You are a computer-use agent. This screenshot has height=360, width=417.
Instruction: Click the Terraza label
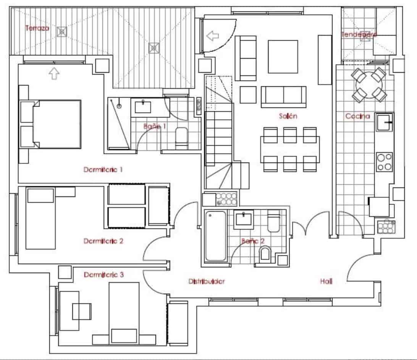(37, 28)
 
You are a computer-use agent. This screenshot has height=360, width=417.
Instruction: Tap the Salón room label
(288, 116)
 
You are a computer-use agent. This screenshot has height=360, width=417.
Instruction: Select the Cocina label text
(357, 116)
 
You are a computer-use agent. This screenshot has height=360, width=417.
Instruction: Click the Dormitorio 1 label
(103, 169)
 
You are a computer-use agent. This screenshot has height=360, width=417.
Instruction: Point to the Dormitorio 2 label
(103, 241)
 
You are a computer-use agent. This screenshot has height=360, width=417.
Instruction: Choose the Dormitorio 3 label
(103, 274)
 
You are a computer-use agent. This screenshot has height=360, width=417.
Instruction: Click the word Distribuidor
(207, 281)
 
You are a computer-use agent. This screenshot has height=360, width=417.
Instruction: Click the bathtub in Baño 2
(215, 237)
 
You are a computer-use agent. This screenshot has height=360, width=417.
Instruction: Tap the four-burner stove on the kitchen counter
(384, 162)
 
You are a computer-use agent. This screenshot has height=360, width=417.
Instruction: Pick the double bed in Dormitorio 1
(56, 124)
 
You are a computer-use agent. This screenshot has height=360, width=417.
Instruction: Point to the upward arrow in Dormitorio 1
(54, 73)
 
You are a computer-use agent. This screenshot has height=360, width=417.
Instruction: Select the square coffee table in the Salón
(283, 57)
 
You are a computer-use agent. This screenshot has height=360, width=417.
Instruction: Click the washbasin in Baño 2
(243, 219)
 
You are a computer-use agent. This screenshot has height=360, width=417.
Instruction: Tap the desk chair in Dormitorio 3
(82, 311)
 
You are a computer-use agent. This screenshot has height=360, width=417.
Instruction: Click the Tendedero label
(359, 34)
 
